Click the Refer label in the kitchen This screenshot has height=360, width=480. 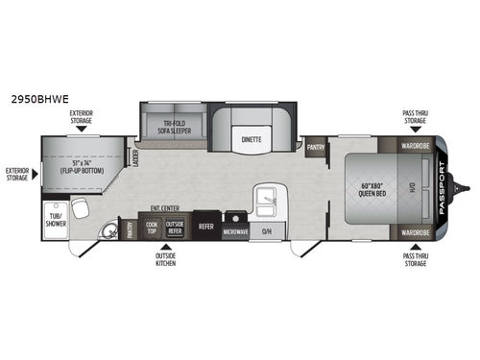click(206, 228)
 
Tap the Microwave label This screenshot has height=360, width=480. click(234, 232)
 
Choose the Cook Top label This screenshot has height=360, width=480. click(152, 228)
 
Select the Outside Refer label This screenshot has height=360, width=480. click(174, 228)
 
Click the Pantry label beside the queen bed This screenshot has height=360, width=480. click(316, 149)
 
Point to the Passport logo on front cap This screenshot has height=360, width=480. click(443, 187)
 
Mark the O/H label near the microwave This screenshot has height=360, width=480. click(267, 231)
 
